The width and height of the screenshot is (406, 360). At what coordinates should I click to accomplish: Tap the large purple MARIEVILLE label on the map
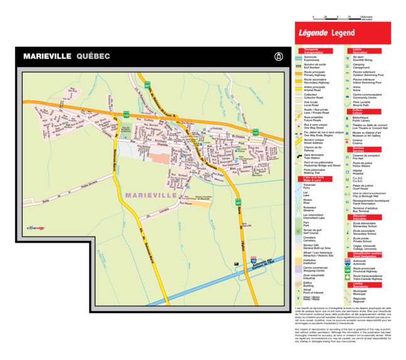(x=151, y=196)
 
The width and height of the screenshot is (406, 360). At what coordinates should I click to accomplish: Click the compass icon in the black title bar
(x=278, y=56)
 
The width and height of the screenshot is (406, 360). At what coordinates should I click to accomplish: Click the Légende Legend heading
(x=326, y=33)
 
